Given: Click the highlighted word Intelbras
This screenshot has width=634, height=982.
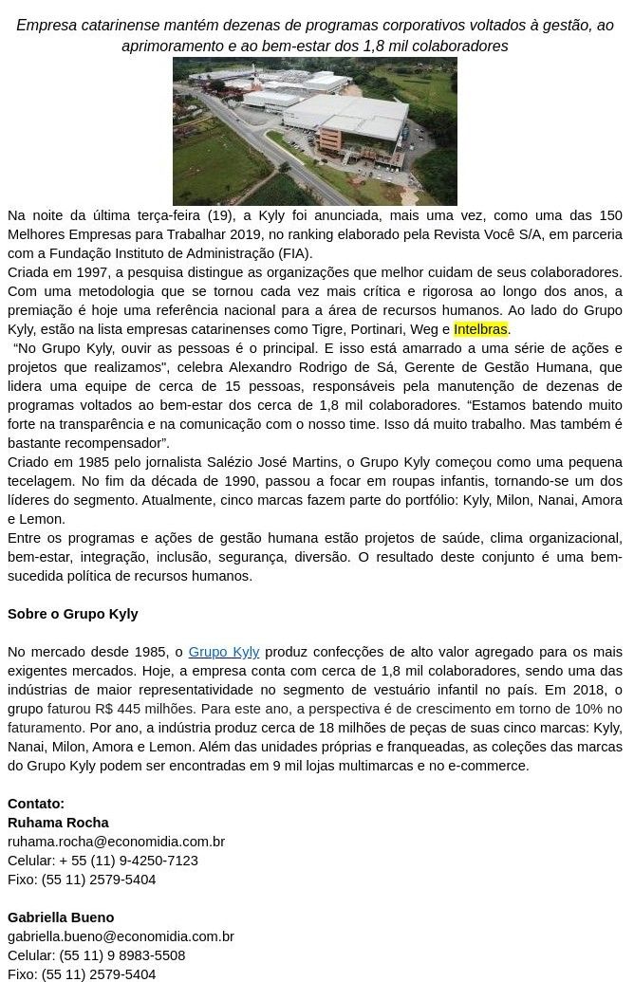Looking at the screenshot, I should (480, 329).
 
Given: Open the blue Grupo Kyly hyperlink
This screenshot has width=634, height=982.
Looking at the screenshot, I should (224, 652).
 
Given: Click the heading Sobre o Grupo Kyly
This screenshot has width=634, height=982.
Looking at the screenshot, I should (73, 614).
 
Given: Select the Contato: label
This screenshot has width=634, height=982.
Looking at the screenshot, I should (36, 804).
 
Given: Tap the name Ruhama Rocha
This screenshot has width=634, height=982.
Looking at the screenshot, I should (58, 823).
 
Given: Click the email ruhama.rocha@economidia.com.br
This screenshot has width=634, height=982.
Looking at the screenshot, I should (116, 842).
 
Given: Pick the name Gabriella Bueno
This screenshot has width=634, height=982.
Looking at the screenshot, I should (61, 917).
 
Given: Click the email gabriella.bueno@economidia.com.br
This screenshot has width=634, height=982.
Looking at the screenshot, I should (121, 936).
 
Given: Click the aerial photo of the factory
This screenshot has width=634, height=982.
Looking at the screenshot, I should (314, 131).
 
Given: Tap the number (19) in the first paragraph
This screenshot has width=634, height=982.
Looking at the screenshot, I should (219, 215).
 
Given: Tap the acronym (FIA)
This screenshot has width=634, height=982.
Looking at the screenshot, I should (293, 253).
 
